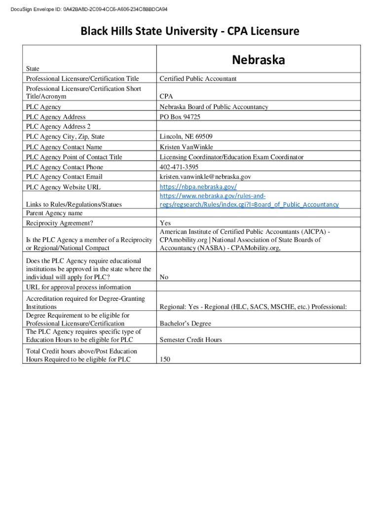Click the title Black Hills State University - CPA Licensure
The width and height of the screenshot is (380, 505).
[x=190, y=32]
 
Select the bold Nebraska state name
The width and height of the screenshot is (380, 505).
[x=259, y=60]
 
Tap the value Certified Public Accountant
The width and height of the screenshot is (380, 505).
[x=198, y=78]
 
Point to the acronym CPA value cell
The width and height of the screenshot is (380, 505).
[x=166, y=97]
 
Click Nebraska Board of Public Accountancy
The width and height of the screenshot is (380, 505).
[x=214, y=107]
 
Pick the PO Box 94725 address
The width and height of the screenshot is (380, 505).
[x=180, y=117]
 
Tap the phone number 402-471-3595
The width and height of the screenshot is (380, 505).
[x=179, y=167]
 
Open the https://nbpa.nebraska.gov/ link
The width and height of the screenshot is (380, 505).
[x=198, y=187]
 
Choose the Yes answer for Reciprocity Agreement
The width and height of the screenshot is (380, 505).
[x=165, y=223]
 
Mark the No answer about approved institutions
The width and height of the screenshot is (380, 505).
[x=164, y=277]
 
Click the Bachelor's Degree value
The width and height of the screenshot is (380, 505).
[x=185, y=324]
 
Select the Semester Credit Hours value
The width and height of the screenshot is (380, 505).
[x=190, y=340]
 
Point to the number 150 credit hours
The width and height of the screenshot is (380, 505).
[x=165, y=360]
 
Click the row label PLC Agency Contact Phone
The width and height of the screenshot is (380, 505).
[x=65, y=167]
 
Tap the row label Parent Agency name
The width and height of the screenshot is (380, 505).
[x=54, y=213]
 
